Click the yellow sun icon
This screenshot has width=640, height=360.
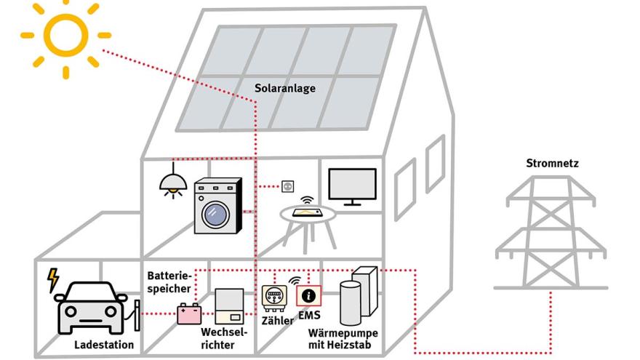click(65, 35)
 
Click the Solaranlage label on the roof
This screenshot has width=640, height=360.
click(284, 89)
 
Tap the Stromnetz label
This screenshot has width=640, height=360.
click(552, 164)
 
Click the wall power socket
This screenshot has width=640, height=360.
click(288, 186)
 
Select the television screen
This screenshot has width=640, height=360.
click(352, 184)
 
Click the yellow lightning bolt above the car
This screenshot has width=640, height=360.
click(52, 280)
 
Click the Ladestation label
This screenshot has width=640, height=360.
click(104, 345)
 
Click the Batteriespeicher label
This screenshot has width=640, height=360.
click(169, 283)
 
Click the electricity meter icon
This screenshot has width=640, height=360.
click(275, 299)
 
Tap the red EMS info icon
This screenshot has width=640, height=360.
click(308, 296)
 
